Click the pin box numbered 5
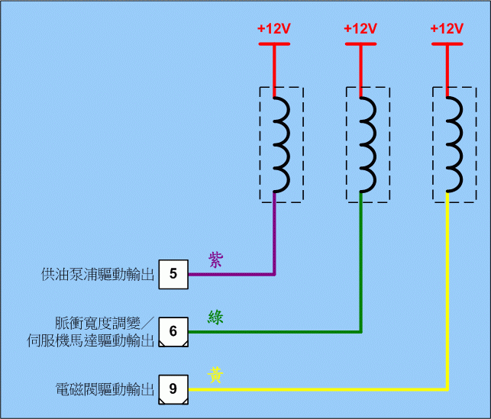tap(173, 274)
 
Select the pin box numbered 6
tap(173, 332)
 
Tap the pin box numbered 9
tap(173, 389)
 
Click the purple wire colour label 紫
tap(215, 259)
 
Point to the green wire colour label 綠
tap(215, 317)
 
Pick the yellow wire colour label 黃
tap(215, 375)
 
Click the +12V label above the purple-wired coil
tap(274, 29)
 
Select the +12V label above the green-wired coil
tap(360, 29)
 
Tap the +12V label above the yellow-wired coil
tap(447, 29)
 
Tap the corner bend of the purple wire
tap(274, 273)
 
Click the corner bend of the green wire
tap(360, 331)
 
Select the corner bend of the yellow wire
tap(447, 388)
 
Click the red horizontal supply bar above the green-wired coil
tap(360, 44)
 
